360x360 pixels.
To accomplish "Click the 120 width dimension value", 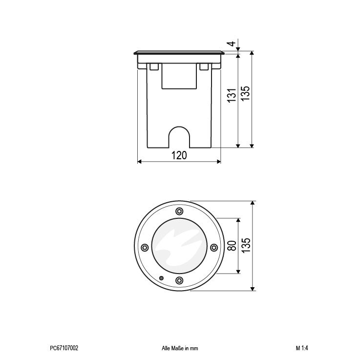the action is tap(179, 155).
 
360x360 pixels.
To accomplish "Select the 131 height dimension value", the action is tap(232, 95).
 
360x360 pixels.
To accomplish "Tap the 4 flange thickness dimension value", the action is tap(232, 43).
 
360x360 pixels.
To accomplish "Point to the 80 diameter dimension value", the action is tap(233, 246).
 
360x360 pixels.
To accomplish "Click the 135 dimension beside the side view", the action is tap(245, 93).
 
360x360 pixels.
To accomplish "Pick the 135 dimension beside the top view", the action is tap(246, 245).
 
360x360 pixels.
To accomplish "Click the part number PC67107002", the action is tap(64, 348).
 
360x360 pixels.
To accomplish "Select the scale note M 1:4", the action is tap(302, 348).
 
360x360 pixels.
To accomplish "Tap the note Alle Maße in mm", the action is tap(180, 348).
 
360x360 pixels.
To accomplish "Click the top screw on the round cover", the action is tap(179, 211).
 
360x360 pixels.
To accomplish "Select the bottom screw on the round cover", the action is tap(179, 280).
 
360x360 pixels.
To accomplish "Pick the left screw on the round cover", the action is tap(145, 248).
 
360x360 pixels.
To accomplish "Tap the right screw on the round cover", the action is tap(214, 248).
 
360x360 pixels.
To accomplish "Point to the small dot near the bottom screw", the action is tap(161, 278).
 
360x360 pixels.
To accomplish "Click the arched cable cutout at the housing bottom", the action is tap(179, 137).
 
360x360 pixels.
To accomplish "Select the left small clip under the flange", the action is tap(154, 66).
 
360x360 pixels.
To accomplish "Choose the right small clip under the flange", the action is tap(204, 66).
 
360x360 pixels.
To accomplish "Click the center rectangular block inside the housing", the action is tap(179, 76).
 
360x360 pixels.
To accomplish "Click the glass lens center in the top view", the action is tap(179, 246).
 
